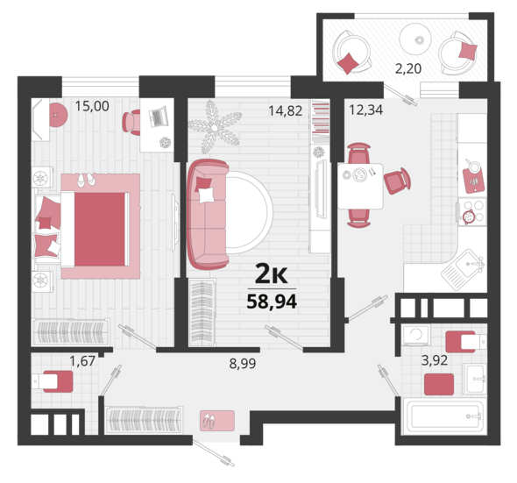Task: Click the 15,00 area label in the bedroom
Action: click(92, 106)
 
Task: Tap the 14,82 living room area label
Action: click(285, 110)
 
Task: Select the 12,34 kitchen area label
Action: click(366, 110)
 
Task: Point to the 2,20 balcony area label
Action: click(408, 68)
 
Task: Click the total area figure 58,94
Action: click(272, 301)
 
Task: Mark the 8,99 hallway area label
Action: click(243, 363)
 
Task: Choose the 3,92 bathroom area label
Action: click(435, 360)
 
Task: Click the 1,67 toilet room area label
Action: click(82, 361)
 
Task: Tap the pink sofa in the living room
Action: click(208, 214)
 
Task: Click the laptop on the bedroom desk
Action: click(159, 117)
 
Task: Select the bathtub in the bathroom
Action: click(443, 416)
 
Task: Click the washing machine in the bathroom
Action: click(415, 335)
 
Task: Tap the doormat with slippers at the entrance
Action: click(217, 421)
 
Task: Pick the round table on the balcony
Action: click(415, 39)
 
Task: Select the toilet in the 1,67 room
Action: click(53, 381)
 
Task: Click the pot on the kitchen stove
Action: click(469, 217)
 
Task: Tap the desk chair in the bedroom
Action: click(131, 122)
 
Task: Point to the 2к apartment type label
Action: click(272, 274)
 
